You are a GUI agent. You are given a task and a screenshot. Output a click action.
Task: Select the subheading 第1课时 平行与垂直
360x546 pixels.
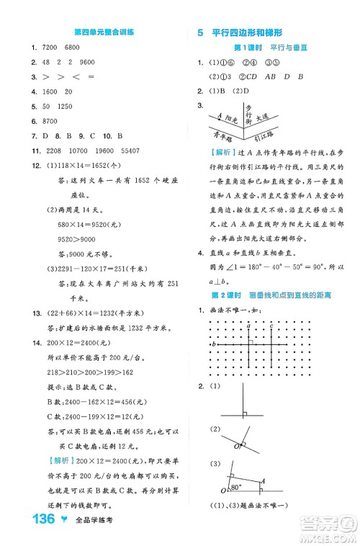tap(261, 48)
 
